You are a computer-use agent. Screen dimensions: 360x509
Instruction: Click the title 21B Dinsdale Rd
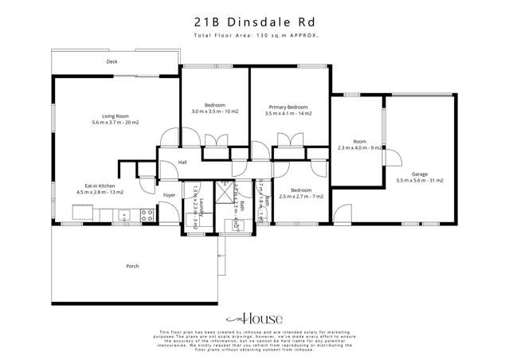coord(255,22)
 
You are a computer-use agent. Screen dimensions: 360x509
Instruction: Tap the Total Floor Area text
coord(254,37)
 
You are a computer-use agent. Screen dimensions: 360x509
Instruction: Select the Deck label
coord(112,61)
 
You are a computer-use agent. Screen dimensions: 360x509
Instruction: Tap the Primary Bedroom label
coord(288,107)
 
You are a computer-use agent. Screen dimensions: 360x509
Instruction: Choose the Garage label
coord(419,174)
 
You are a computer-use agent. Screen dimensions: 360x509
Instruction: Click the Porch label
coord(132,266)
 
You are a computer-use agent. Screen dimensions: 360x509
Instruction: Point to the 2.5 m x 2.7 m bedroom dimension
coord(300,197)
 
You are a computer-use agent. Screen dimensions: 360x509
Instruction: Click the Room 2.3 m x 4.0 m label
coord(361,143)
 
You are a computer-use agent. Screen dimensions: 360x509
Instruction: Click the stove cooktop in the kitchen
coord(147,213)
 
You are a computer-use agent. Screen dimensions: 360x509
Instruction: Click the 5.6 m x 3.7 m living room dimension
coord(116,123)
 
